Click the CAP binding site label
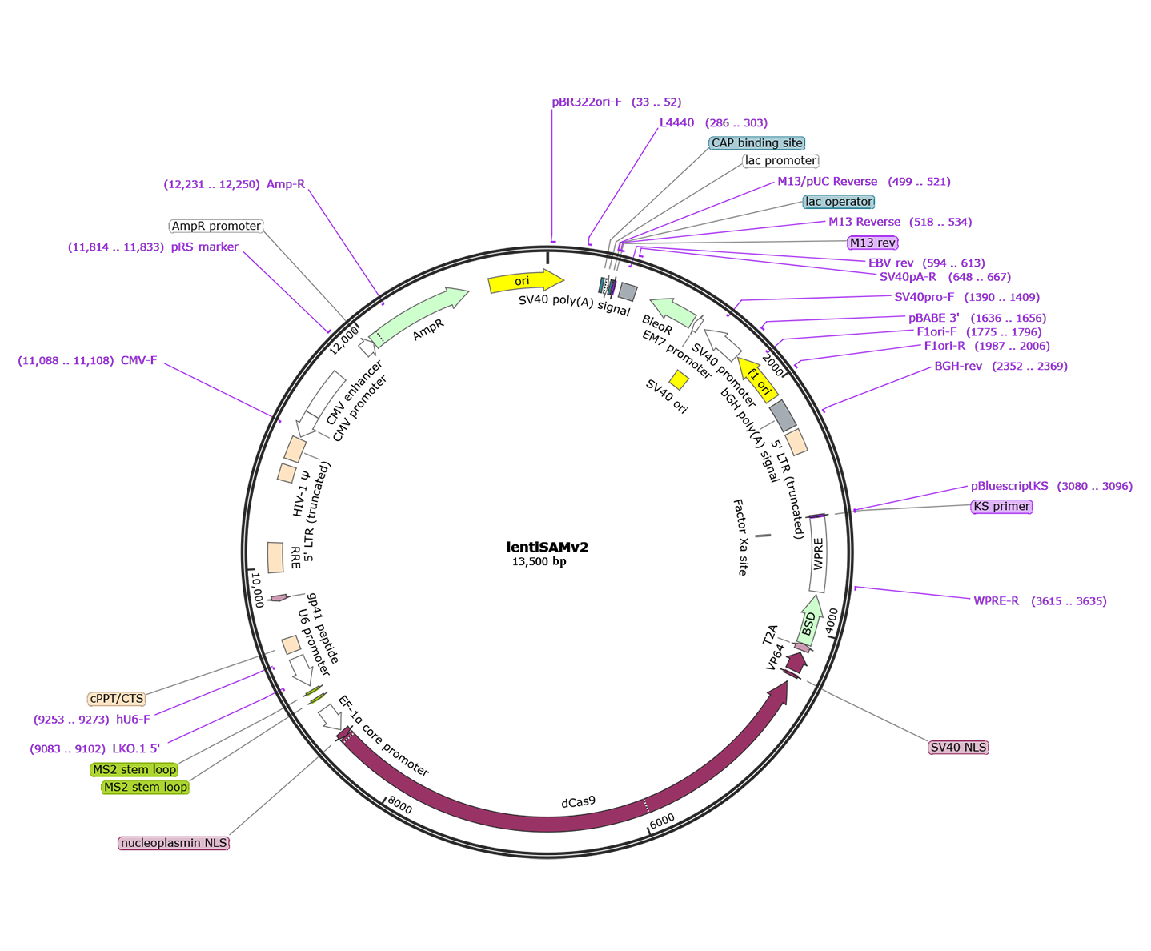coord(756,143)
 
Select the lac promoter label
coord(780,161)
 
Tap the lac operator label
coord(838,202)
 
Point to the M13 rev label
coord(872,243)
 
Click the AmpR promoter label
coord(216,227)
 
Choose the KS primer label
coord(1001,507)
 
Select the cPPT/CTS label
coord(117,699)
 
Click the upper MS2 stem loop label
coord(134,770)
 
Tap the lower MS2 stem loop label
coord(145,788)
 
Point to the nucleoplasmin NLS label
coord(174,843)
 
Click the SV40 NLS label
coord(958,748)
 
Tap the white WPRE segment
coord(818,554)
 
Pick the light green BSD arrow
coord(809,620)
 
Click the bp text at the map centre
coord(560,562)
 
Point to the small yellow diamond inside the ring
coord(679,379)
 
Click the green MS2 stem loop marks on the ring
coord(316,696)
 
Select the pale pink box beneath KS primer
coord(1001,534)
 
